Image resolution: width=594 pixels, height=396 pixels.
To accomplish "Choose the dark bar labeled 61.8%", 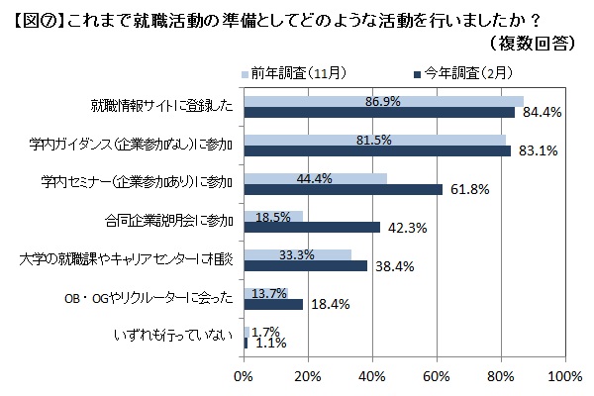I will pyautogui.click(x=343, y=189).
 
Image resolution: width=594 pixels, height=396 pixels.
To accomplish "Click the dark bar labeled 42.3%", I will pyautogui.click(x=311, y=227).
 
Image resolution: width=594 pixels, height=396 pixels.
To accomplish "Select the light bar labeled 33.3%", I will pyautogui.click(x=296, y=254).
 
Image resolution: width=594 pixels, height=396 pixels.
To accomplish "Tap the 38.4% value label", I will pyautogui.click(x=392, y=266).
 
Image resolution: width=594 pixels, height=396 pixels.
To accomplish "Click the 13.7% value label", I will pyautogui.click(x=270, y=293).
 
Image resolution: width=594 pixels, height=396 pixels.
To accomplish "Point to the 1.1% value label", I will pyautogui.click(x=265, y=344).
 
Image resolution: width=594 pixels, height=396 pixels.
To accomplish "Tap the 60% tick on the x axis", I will pyautogui.click(x=437, y=376).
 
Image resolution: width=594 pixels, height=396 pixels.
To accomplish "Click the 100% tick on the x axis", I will pyautogui.click(x=564, y=376).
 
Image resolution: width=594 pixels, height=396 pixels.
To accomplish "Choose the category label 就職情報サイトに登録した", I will pyautogui.click(x=161, y=107).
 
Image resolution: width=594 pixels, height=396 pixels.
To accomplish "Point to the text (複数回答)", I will pyautogui.click(x=529, y=43).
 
